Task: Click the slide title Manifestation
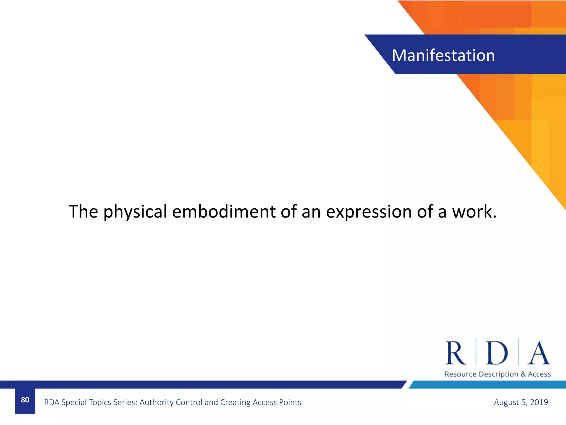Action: (443, 55)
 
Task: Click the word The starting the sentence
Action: (83, 212)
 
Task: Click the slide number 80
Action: (25, 400)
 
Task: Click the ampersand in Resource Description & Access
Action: (523, 374)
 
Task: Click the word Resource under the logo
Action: (460, 374)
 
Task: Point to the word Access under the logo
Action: (539, 374)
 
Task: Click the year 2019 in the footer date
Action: (539, 402)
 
